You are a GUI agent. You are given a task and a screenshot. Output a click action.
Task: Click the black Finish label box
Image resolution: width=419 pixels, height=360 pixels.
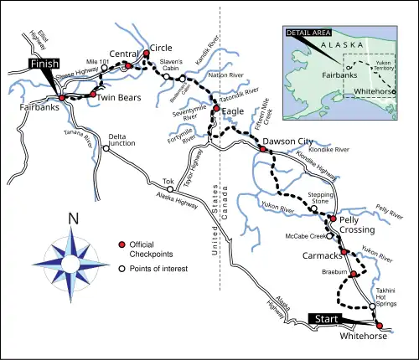coord(43,64)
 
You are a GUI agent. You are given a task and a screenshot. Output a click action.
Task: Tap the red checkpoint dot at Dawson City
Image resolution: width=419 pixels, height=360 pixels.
coord(262,149)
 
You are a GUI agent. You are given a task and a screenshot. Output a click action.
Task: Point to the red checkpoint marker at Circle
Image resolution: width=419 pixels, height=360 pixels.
coord(146,54)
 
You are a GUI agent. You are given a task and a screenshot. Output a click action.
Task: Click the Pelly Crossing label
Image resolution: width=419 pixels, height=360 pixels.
coord(361,224)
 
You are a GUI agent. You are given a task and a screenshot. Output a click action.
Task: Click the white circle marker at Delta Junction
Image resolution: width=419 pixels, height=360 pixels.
coord(106,148)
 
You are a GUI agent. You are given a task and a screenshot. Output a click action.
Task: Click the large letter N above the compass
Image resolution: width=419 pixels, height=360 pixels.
coord(74,220)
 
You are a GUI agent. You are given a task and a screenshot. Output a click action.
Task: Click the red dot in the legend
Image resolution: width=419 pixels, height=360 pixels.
coord(122,244)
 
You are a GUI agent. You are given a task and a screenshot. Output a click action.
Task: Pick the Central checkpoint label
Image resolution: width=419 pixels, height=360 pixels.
coord(123,54)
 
